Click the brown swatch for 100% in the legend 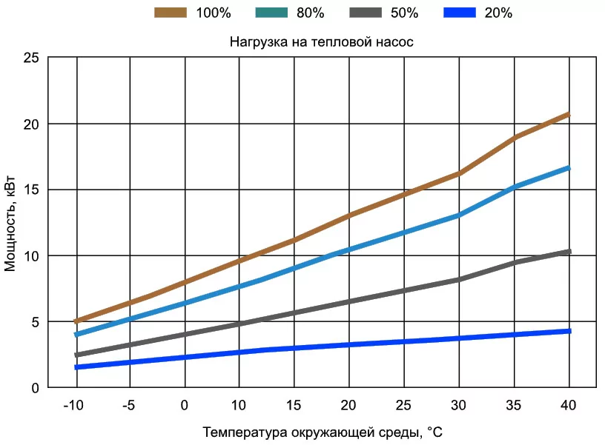[171, 13]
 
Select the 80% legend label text [310, 13]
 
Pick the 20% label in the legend [498, 13]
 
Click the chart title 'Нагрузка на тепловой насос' [321, 42]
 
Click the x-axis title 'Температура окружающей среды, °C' [323, 430]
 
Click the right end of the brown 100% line [568, 114]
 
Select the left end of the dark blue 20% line [76, 367]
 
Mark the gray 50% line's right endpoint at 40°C [568, 252]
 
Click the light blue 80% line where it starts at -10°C [76, 335]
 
